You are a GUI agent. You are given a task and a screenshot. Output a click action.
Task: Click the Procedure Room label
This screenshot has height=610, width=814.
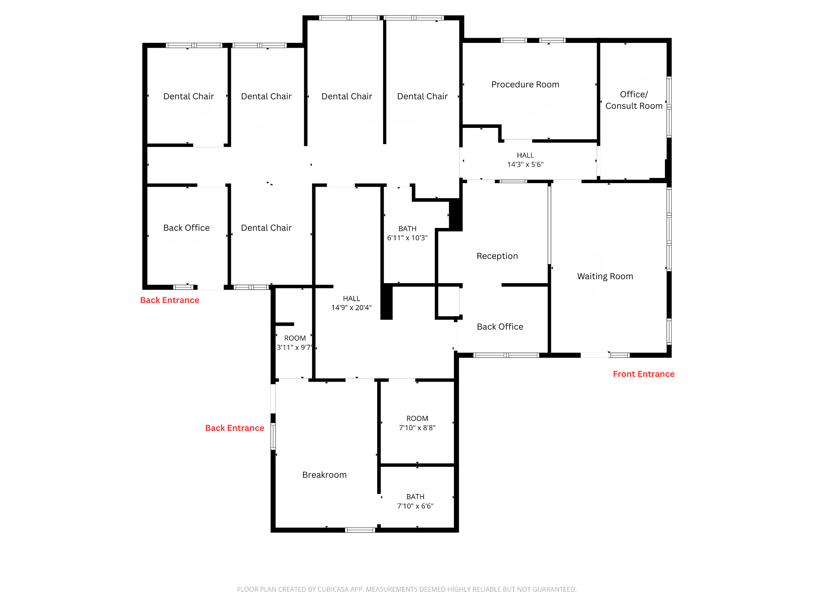coord(525,85)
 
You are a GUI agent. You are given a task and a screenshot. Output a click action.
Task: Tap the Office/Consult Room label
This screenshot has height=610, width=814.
coord(634,100)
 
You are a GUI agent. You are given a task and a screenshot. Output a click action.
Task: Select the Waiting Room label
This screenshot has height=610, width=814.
coord(605,276)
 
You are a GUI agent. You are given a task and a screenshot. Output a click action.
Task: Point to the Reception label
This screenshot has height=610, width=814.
coord(497,256)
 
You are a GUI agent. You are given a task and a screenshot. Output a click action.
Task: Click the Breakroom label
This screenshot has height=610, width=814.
coord(324,475)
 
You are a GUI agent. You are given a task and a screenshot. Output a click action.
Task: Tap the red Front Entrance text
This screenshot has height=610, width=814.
coord(643,374)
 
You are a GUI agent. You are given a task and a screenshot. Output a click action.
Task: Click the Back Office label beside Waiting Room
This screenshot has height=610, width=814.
coord(500,327)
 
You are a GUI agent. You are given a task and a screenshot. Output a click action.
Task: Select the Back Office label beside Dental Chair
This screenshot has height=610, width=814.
coord(186,228)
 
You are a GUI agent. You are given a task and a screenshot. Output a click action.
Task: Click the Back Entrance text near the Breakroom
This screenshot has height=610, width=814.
coord(235,428)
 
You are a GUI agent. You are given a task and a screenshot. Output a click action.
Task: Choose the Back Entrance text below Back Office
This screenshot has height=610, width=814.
coord(169,300)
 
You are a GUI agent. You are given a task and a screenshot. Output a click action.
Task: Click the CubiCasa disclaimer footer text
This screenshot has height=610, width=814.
coord(407,589)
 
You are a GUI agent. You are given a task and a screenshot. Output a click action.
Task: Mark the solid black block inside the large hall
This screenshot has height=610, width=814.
coord(386,302)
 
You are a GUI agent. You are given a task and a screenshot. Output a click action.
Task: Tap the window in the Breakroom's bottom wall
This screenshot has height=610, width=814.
coord(360,530)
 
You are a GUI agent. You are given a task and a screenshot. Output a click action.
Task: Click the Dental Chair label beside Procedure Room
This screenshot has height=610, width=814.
coord(422,97)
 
